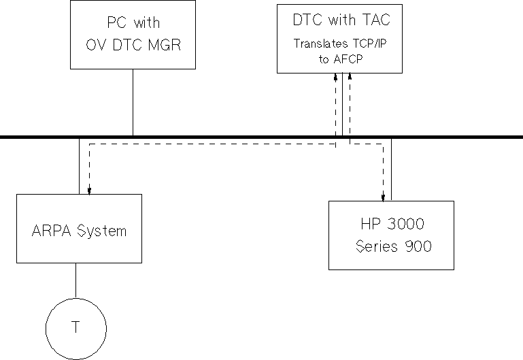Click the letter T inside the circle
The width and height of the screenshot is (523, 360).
point(75,327)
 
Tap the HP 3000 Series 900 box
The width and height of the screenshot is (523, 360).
point(391,235)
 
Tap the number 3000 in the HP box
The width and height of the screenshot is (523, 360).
point(406,224)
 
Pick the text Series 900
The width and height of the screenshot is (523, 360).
point(393,246)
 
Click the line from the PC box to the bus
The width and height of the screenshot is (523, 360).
point(133,102)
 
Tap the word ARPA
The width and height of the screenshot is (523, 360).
point(48,231)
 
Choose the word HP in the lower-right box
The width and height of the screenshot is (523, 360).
point(371,224)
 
